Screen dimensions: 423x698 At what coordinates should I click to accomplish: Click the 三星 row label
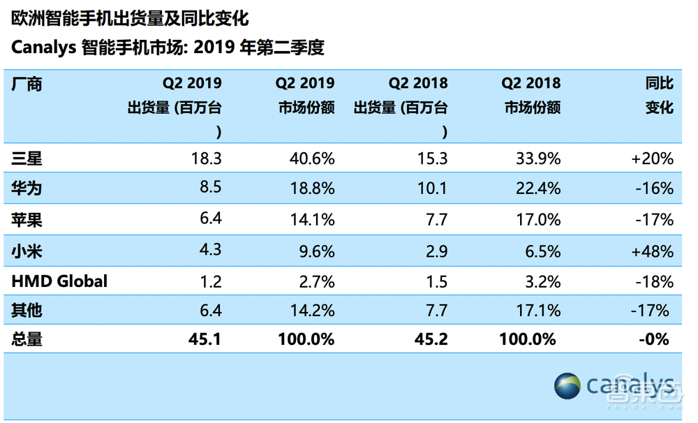[27, 159]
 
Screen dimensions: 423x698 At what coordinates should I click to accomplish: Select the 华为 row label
[27, 189]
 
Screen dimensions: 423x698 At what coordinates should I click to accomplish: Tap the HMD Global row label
[59, 281]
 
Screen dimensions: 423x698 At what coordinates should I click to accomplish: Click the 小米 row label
[27, 251]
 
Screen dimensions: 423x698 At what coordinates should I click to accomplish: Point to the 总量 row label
[27, 340]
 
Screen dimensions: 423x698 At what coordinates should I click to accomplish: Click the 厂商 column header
[27, 84]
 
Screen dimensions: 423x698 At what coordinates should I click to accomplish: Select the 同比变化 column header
[659, 96]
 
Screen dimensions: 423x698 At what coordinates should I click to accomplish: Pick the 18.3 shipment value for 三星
[207, 159]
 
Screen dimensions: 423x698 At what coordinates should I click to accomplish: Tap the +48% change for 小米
[652, 251]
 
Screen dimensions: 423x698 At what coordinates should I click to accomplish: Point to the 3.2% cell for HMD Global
[542, 281]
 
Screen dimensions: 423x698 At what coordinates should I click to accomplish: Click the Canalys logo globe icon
[567, 386]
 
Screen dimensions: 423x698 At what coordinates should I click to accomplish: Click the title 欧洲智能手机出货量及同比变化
[130, 18]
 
